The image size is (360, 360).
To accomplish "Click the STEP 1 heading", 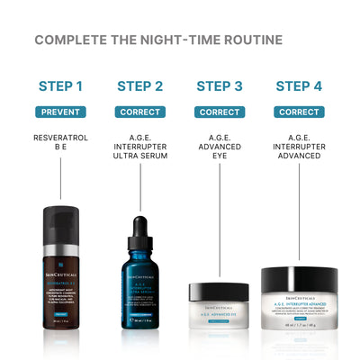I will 60,86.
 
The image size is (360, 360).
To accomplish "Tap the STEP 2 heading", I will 139,86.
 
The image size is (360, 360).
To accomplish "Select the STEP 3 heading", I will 220,86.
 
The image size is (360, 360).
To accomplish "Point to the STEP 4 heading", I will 299,86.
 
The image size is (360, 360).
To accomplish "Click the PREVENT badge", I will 60,112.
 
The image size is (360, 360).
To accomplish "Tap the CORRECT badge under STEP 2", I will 139,112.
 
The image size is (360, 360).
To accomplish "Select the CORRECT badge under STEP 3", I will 220,112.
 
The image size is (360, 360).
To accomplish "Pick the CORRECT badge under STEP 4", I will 299,112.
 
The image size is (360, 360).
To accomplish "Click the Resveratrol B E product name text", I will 60,144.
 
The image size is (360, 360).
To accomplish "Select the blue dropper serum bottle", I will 139,279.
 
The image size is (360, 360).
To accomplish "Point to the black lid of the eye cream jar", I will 219,291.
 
